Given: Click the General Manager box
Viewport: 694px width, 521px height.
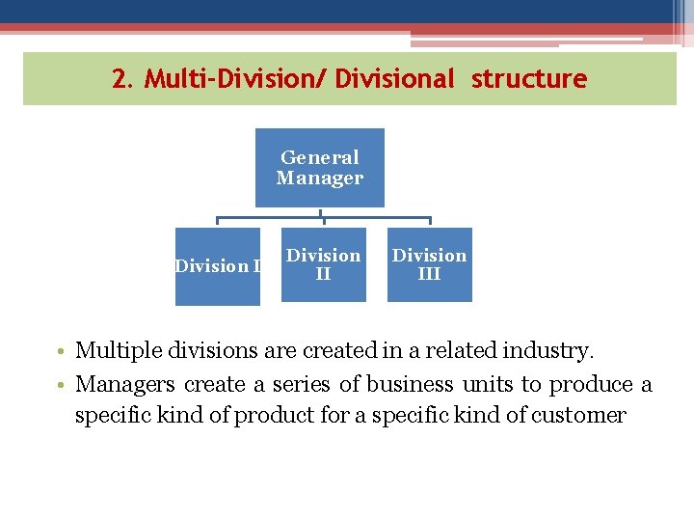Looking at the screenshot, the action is point(319,168).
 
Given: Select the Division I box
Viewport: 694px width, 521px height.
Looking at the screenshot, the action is point(217,266).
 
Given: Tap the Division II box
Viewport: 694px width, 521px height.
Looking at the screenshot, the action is point(324,264).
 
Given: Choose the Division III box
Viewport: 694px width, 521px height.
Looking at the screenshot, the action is point(430,264).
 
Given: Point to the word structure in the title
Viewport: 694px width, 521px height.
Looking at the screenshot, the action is point(528,79).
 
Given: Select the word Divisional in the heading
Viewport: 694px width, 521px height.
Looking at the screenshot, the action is point(394,79).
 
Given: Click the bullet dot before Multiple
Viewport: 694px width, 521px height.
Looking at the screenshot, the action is point(63,351).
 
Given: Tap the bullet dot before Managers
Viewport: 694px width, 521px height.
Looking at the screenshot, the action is point(63,385).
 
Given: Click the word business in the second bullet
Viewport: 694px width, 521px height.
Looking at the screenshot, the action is point(410,384).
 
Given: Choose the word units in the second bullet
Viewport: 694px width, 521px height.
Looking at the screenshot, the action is point(488,384).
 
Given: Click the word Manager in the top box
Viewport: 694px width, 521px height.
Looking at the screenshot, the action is point(319,178).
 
